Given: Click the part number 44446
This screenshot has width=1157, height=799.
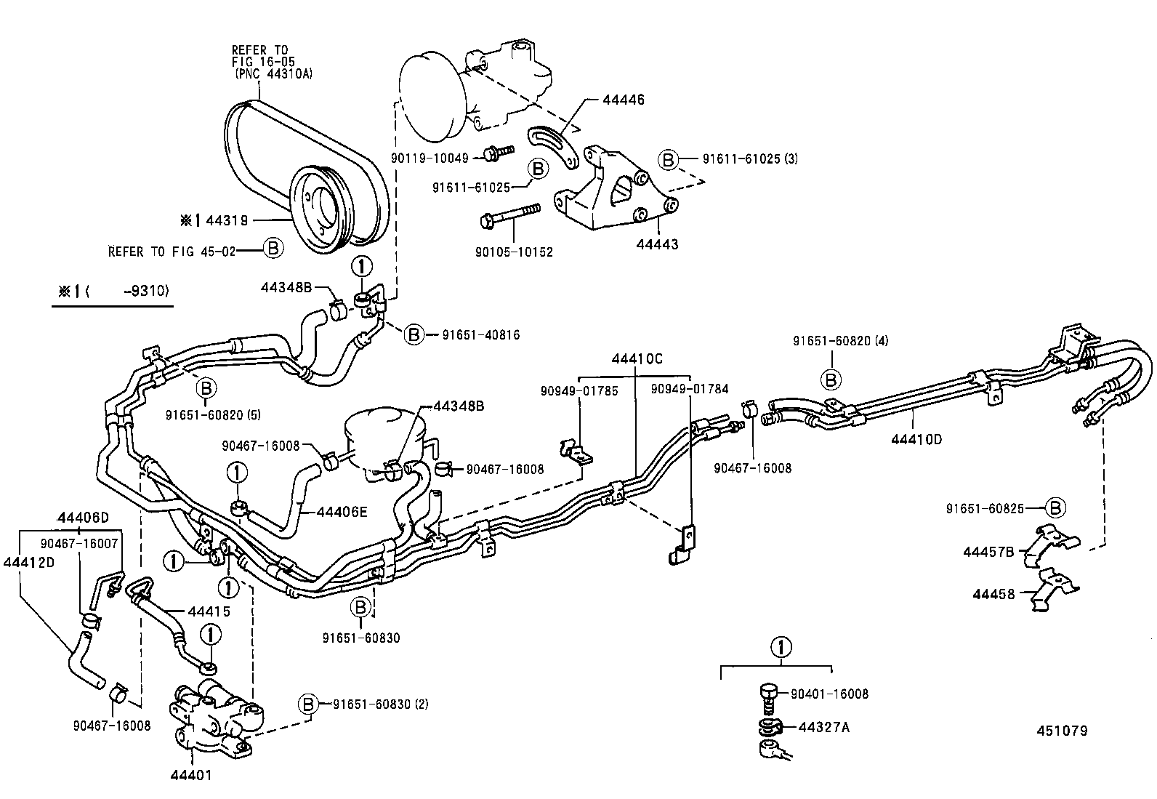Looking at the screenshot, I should (623, 100).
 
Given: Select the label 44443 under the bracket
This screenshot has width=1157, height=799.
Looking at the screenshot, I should (657, 245).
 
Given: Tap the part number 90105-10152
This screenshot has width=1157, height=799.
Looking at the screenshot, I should (514, 252).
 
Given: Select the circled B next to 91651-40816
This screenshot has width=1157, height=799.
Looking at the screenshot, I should (414, 334).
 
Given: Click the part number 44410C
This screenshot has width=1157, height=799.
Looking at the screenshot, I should (637, 358).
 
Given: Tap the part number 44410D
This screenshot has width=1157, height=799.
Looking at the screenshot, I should (916, 439).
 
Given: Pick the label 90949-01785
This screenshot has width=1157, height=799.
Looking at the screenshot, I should (578, 390).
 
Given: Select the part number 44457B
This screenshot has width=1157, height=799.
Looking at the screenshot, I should (988, 552).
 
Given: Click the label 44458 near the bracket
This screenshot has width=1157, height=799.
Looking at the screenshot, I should (993, 594).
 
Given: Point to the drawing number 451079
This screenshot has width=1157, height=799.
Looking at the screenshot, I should (1062, 731).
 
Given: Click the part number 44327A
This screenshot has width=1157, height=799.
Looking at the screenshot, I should (823, 726).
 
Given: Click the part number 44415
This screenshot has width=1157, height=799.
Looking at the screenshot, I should (209, 611).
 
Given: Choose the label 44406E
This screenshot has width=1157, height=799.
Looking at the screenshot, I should (342, 512).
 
